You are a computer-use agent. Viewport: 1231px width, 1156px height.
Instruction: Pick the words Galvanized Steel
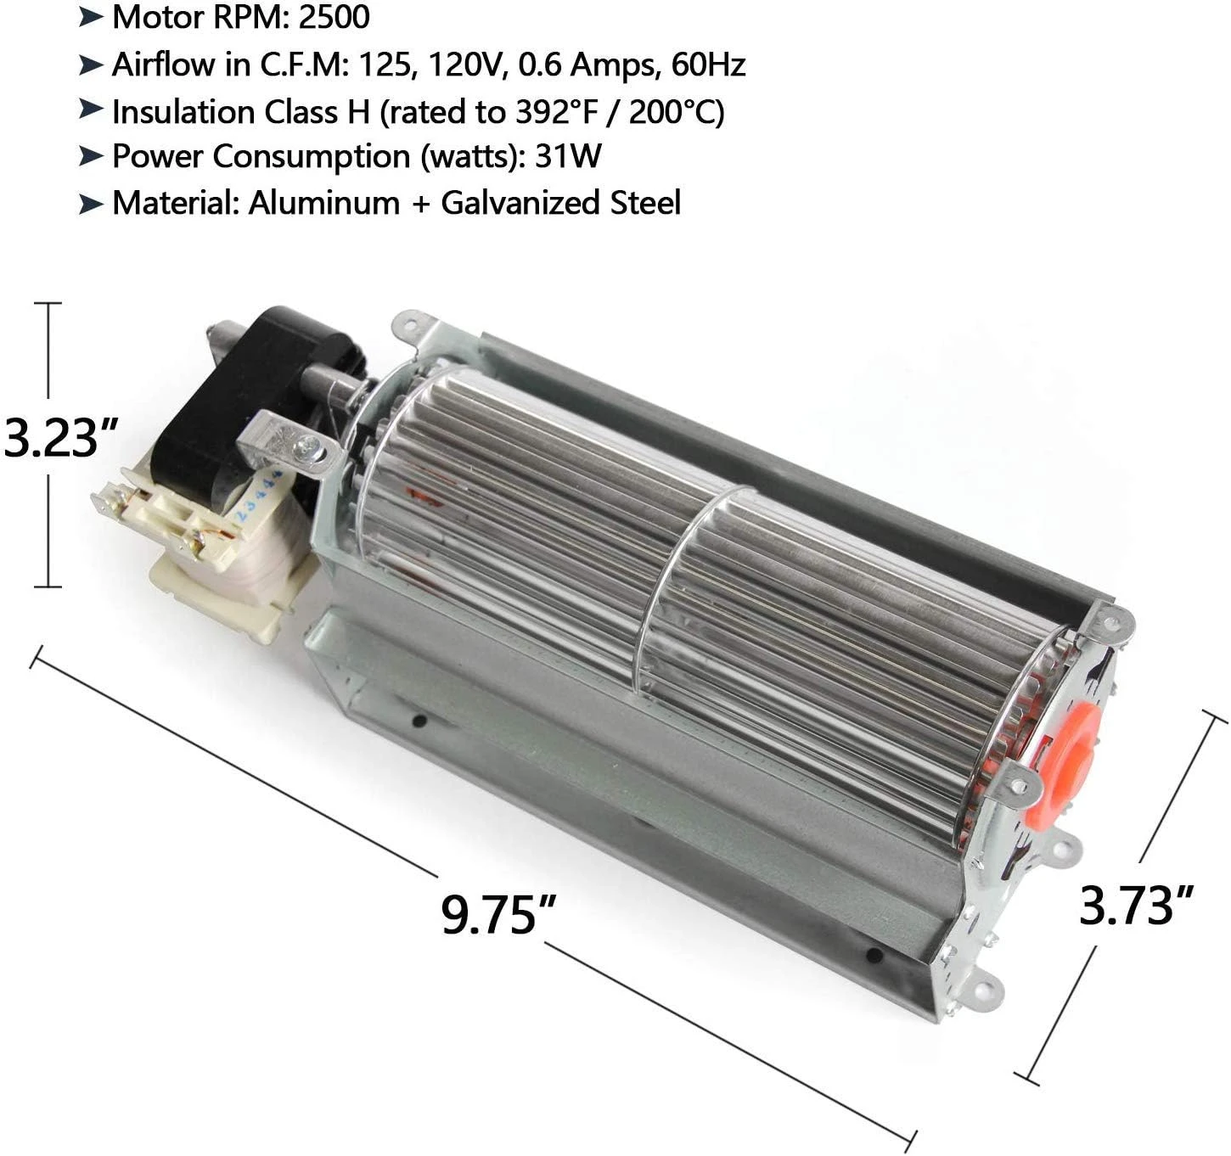click(560, 203)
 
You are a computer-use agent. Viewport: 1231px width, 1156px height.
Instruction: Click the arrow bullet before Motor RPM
click(91, 16)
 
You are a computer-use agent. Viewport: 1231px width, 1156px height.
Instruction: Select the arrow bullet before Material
click(91, 204)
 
